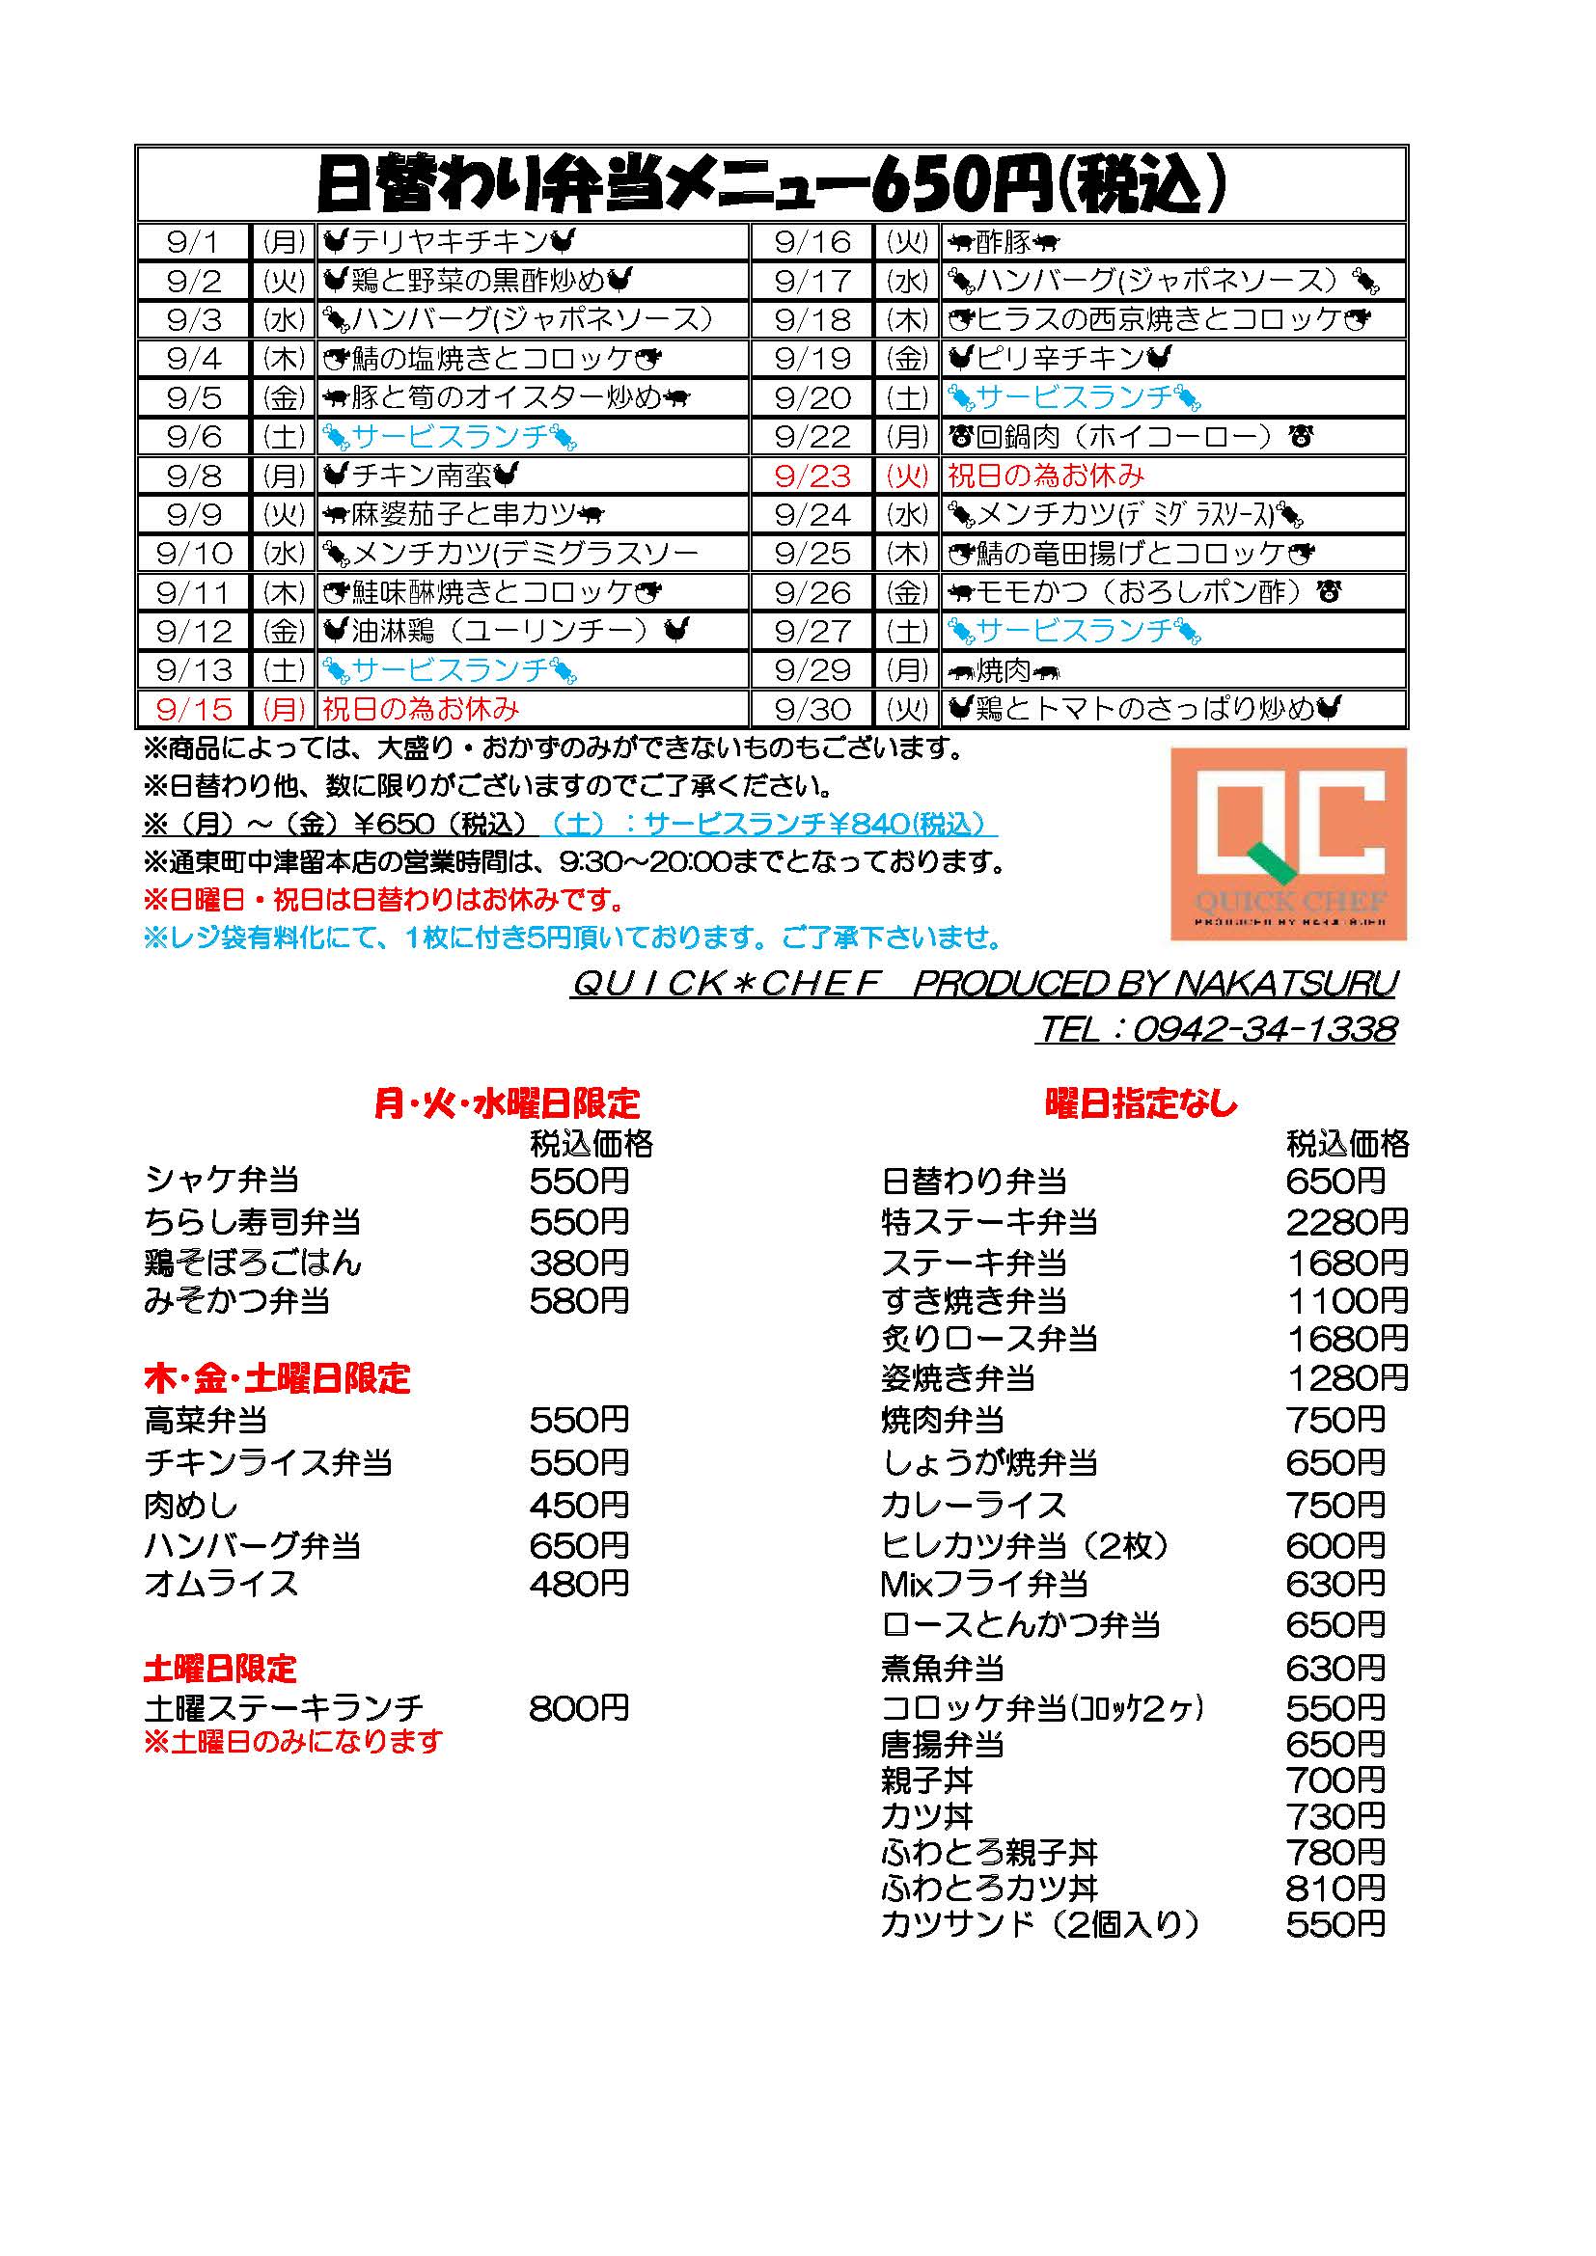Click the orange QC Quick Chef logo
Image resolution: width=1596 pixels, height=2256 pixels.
(1287, 844)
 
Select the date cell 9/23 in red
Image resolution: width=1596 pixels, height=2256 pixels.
(812, 476)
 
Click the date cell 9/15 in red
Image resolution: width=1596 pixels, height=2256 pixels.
(195, 709)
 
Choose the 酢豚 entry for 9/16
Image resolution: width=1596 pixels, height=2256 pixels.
(1004, 242)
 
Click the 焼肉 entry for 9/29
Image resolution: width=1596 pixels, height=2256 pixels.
(1004, 670)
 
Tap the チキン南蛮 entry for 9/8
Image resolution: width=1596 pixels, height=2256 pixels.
(421, 476)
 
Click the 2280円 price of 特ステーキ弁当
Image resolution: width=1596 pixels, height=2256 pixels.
(1346, 1222)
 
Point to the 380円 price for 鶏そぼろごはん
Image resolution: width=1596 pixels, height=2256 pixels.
(579, 1263)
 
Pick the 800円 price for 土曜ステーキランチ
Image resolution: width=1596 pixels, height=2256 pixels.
(579, 1709)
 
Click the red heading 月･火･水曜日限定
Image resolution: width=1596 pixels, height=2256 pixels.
(508, 1103)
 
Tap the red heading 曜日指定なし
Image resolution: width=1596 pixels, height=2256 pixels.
(1140, 1103)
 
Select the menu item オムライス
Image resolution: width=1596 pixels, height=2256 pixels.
(221, 1584)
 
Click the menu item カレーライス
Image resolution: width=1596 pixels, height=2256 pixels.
(973, 1505)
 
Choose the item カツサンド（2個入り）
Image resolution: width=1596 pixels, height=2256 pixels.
(1041, 1923)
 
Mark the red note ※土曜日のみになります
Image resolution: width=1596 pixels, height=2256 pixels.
(293, 1742)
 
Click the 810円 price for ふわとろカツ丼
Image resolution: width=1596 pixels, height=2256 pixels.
(1335, 1887)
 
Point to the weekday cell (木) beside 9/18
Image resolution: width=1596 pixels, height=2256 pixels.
(908, 319)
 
